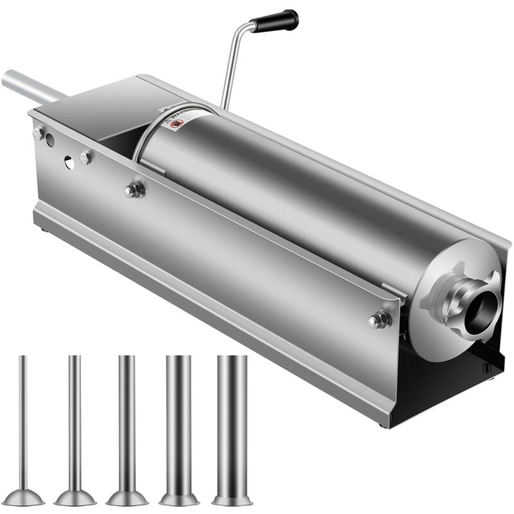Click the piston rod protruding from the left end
click(x=29, y=87)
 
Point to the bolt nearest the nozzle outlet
click(x=380, y=319)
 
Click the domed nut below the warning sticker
click(x=134, y=190)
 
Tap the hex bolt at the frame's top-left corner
click(x=39, y=133)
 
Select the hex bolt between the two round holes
click(x=85, y=157)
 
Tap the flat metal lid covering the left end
click(x=96, y=103)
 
